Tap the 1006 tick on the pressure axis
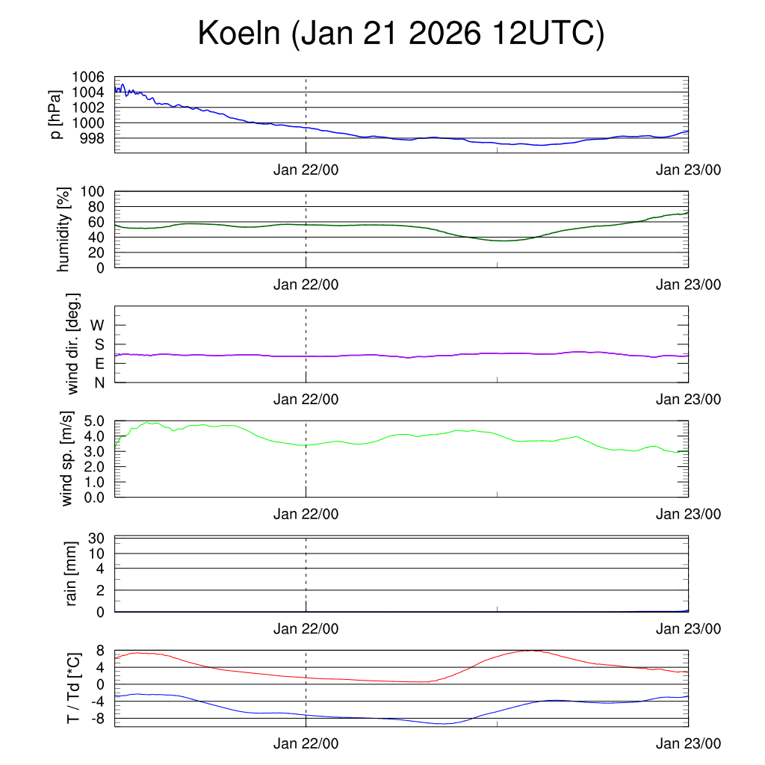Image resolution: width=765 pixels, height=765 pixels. (x=87, y=77)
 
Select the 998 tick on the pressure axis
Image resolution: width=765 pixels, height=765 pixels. (x=92, y=138)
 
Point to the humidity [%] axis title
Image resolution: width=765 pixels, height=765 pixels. (x=64, y=229)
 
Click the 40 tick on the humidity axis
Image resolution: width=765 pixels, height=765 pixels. (x=97, y=237)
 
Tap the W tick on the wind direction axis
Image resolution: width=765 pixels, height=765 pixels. (x=97, y=325)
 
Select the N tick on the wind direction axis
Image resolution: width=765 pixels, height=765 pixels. (x=99, y=382)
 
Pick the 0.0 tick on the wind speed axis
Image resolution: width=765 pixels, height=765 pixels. (x=93, y=497)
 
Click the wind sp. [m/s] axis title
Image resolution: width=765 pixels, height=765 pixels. (x=68, y=459)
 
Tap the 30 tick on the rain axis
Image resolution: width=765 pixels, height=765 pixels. (x=97, y=539)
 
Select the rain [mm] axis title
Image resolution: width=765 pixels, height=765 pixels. (x=72, y=573)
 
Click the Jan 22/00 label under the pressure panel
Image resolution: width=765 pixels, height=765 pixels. (x=306, y=170)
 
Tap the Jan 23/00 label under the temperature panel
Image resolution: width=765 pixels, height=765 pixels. (x=688, y=743)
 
